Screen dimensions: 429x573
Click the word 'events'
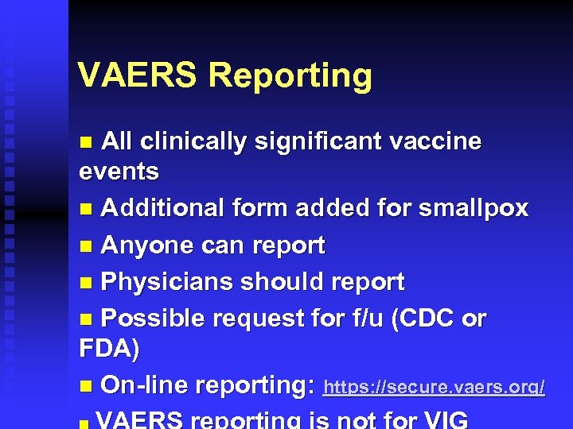[119, 171]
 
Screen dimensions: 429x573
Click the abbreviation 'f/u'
[374, 319]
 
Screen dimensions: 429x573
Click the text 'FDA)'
[110, 348]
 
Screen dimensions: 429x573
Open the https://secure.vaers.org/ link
[435, 388]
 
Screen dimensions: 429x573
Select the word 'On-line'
[145, 385]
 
